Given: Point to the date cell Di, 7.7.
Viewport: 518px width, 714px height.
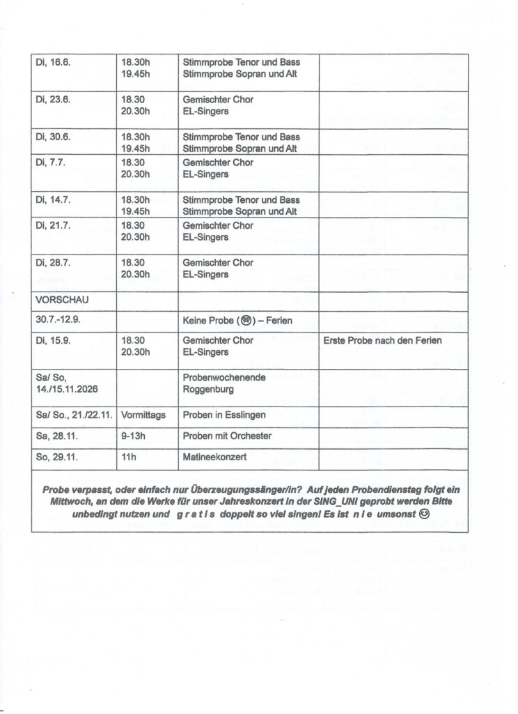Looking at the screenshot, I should pos(51,162).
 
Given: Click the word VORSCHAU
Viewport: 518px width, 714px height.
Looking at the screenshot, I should pos(62,301).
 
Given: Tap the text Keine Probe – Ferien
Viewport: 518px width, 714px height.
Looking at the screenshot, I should pos(237,321).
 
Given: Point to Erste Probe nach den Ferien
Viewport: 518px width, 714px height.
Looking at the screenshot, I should pos(383,341).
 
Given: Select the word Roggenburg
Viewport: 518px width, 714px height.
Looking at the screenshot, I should pos(210,390).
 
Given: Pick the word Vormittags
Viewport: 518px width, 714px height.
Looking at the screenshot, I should pos(143,415).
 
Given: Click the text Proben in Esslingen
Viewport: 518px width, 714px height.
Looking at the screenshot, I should pos(224,415).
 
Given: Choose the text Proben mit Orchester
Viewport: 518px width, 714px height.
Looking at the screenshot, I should pos(227,436).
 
